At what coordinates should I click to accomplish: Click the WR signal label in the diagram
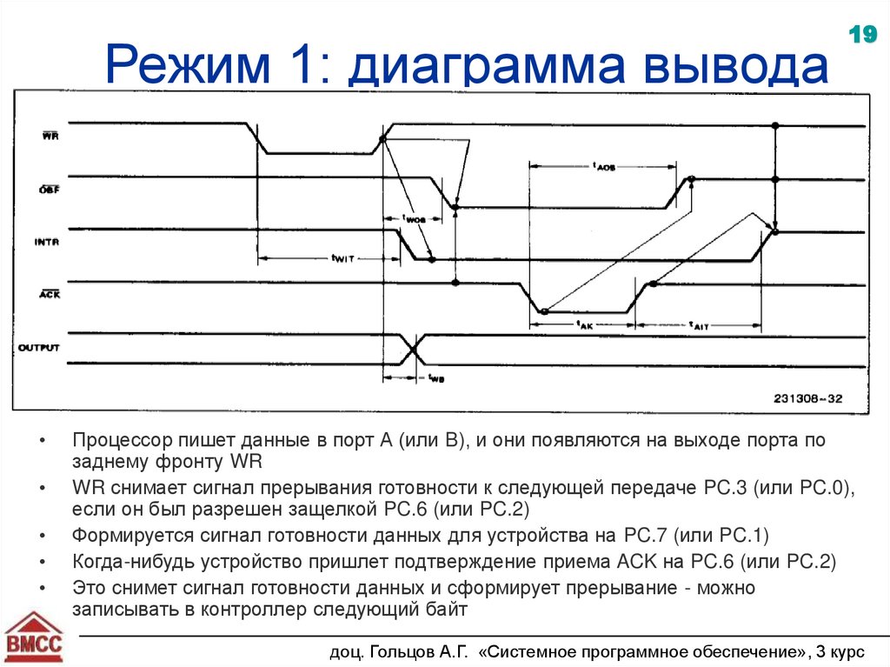click(50, 137)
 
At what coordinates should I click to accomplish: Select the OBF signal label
click(49, 190)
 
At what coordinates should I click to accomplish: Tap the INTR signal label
click(47, 243)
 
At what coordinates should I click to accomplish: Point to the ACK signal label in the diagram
click(49, 295)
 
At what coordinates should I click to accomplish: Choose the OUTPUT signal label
click(39, 348)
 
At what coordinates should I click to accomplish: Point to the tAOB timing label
click(603, 166)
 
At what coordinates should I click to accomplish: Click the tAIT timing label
click(699, 324)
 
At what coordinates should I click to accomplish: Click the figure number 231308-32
click(807, 398)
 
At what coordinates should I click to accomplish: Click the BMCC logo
click(35, 639)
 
